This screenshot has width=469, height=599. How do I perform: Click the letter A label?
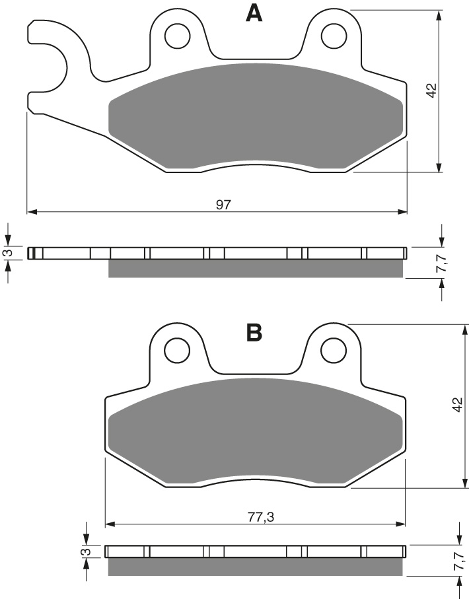pos(254,13)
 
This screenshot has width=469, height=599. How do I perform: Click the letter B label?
pos(254,332)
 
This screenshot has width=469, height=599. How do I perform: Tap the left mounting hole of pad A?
pos(177,36)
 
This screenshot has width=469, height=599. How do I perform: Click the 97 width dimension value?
pos(223,205)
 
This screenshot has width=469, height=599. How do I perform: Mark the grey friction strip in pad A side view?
pos(255,268)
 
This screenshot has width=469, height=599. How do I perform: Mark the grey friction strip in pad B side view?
pos(255,566)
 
